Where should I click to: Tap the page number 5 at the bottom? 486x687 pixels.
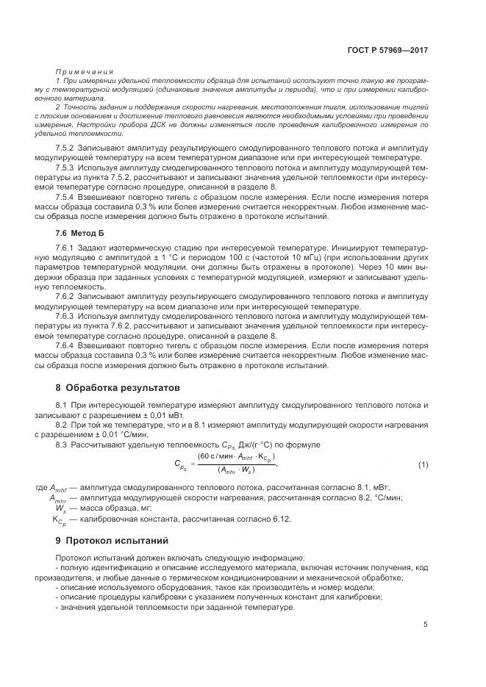click(x=426, y=625)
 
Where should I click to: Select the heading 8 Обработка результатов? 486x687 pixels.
click(x=118, y=387)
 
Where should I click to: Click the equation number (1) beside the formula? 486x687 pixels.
click(x=423, y=465)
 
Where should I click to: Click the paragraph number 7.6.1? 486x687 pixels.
click(x=68, y=249)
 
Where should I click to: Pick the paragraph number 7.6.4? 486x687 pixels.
click(x=68, y=345)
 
